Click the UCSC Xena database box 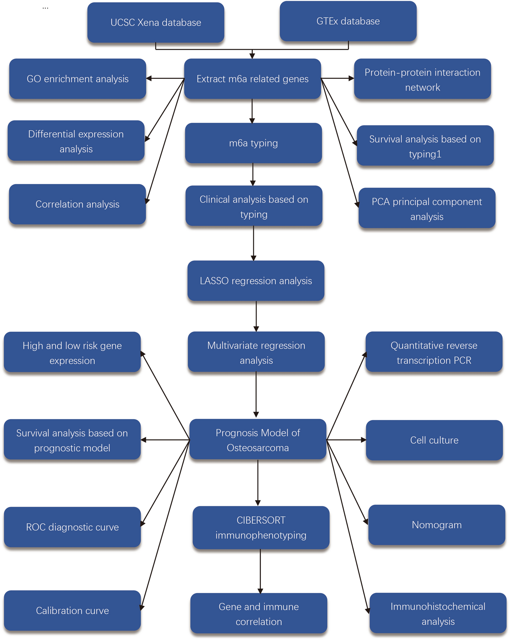(156, 22)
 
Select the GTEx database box (348, 21)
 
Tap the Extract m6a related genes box (252, 79)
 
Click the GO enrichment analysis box (78, 79)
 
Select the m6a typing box (253, 143)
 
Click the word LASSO (214, 281)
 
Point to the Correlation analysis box (77, 204)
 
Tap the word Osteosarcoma (258, 448)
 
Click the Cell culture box (434, 440)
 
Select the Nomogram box (436, 525)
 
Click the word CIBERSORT (261, 520)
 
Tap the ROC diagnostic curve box (72, 527)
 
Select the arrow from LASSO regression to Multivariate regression (256, 316)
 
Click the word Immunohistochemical (438, 606)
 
